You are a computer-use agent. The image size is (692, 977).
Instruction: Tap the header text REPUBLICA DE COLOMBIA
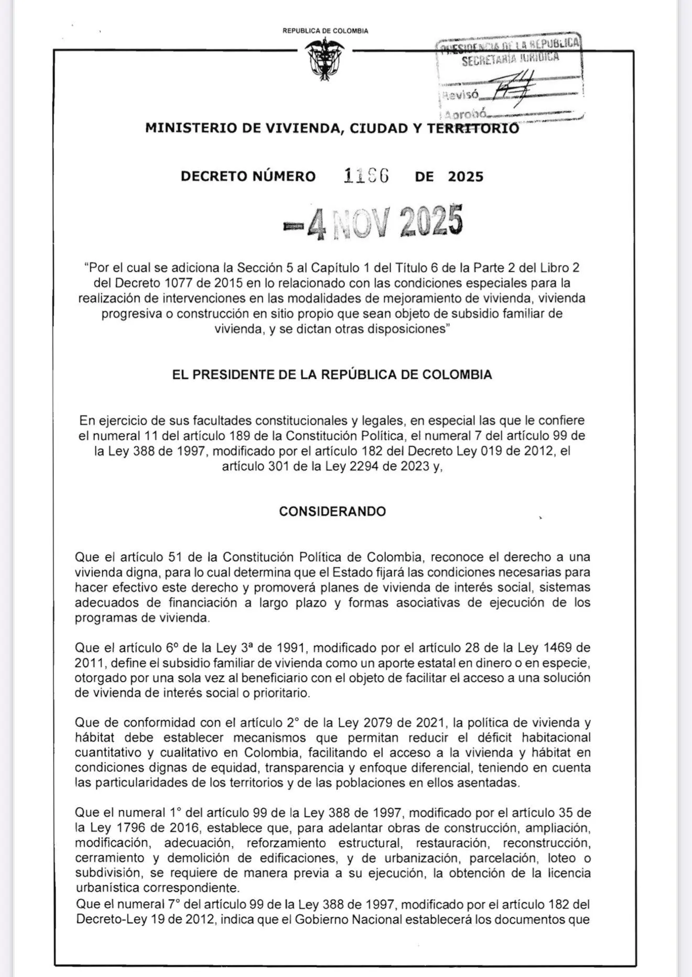click(x=325, y=31)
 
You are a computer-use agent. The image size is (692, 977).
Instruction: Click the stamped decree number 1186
click(x=366, y=176)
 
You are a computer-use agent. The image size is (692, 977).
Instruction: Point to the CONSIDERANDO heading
click(x=332, y=511)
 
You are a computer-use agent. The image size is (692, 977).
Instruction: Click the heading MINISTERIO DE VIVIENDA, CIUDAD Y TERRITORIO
click(x=332, y=128)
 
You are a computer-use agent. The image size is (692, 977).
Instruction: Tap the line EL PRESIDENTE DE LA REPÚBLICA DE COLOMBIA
click(x=332, y=375)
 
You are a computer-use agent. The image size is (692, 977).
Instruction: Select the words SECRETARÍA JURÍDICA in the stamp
click(x=510, y=59)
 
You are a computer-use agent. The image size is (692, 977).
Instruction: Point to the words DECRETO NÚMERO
click(x=248, y=177)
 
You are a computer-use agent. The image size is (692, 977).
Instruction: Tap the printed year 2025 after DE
click(x=466, y=177)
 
